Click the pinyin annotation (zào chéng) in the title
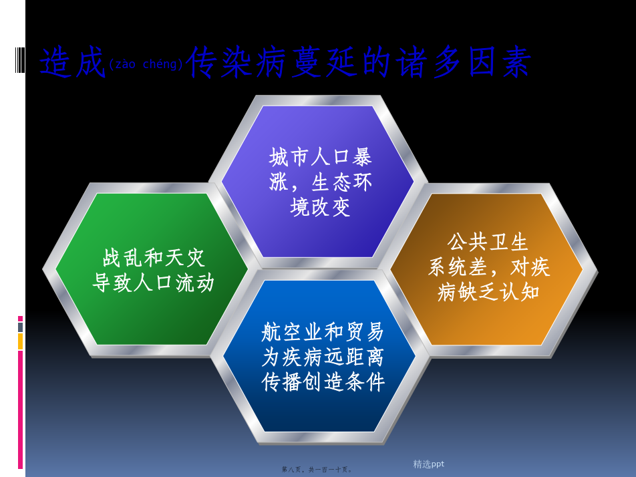point(146,64)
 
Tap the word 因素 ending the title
point(499,62)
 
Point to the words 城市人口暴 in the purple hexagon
point(320,157)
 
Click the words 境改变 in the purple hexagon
point(320,207)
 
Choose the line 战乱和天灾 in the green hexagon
point(154,258)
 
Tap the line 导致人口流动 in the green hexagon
point(154,283)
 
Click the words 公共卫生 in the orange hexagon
point(488,242)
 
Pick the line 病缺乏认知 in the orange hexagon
point(488,292)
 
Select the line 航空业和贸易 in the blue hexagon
point(323,332)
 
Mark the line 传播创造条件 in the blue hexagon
point(323,382)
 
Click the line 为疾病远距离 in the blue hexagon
point(323,357)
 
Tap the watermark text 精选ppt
point(428,464)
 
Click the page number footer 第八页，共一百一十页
point(317,469)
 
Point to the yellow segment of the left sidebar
point(20,341)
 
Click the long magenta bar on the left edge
point(20,410)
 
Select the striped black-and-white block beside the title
point(20,60)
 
